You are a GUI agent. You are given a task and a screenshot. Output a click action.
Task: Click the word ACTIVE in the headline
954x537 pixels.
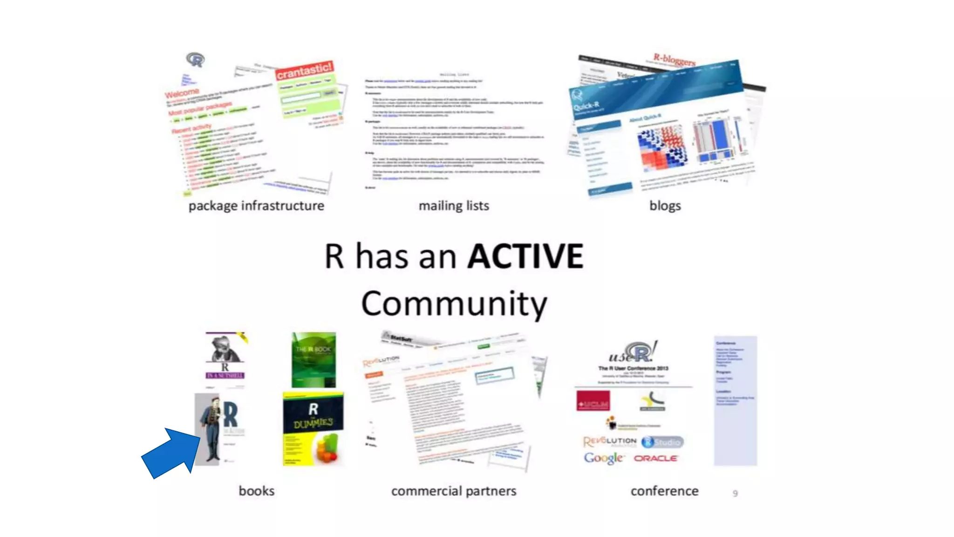coord(525,256)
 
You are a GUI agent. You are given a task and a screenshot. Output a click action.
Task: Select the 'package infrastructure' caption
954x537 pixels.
coord(256,206)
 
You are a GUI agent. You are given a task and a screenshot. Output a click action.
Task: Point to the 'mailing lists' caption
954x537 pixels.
coord(454,206)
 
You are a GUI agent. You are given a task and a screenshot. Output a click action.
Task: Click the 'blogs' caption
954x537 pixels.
coord(665,206)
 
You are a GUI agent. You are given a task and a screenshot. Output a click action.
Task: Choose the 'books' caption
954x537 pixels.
coord(256,491)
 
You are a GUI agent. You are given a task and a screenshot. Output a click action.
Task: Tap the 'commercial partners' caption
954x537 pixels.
coord(454,491)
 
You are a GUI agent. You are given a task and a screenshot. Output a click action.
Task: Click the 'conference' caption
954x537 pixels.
coord(664,491)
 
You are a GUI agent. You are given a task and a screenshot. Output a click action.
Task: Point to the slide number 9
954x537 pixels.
coord(735,493)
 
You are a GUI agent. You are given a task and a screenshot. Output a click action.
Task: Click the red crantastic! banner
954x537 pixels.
coord(304,70)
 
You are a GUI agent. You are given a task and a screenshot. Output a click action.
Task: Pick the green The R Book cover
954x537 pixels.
coord(313,359)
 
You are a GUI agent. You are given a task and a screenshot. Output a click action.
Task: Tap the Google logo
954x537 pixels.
coord(604,458)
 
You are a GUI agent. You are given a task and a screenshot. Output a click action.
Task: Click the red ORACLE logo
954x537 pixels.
coord(655,458)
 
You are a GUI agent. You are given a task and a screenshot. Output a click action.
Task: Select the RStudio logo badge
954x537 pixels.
coord(662,441)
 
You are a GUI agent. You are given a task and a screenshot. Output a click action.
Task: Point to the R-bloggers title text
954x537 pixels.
coord(674,60)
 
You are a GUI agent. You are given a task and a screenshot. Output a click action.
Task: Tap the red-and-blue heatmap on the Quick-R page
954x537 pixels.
coord(662,147)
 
